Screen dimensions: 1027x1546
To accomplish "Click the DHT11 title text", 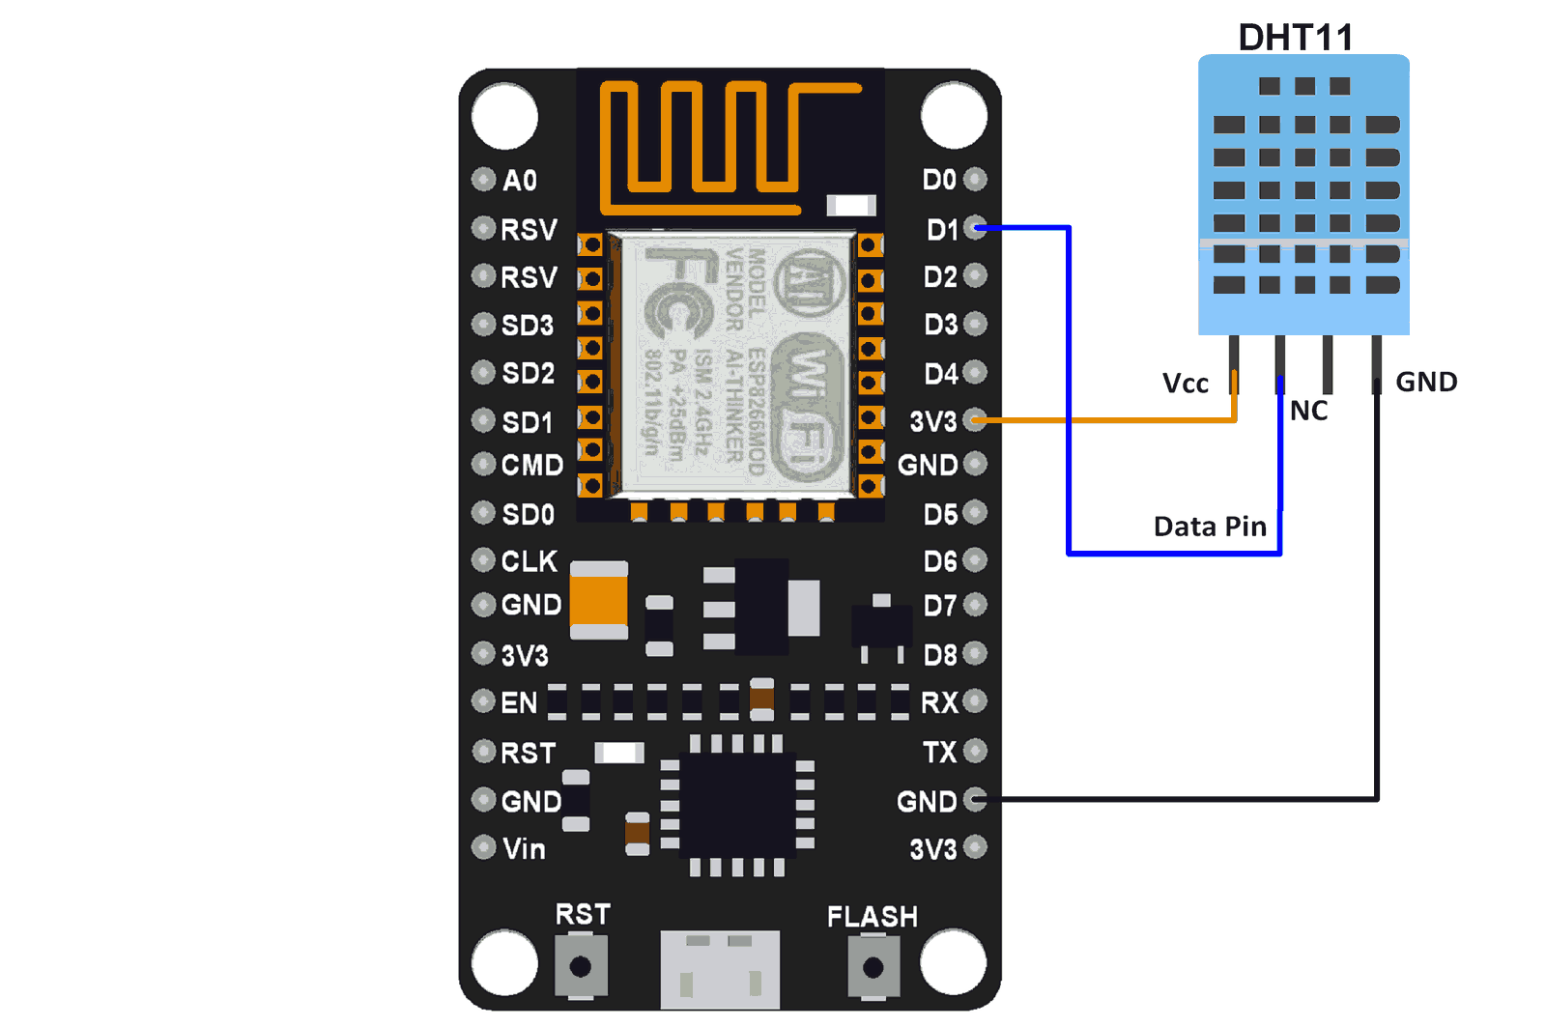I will (x=1295, y=38).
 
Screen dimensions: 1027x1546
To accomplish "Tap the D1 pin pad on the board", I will (x=976, y=228).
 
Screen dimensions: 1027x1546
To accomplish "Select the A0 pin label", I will (x=520, y=180).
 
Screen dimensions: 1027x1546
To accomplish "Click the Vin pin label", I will (x=524, y=848).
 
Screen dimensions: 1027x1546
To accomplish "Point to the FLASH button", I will (x=873, y=966).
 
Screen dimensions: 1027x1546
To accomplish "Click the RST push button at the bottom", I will (x=581, y=966).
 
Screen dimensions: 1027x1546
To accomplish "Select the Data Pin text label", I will (x=1210, y=527).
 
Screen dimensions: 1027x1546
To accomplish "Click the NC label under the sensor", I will (x=1308, y=411).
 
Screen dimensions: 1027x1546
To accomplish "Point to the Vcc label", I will (x=1186, y=384).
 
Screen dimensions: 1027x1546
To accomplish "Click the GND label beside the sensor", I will (x=1426, y=382).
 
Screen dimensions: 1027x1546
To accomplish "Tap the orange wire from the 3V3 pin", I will (x=1111, y=420).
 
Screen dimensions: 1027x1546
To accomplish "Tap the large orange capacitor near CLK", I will (x=599, y=600).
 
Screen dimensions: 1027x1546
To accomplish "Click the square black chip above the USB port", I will (x=738, y=805).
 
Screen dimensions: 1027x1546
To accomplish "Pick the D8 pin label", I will (x=940, y=655).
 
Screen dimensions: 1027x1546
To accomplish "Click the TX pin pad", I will (x=976, y=750).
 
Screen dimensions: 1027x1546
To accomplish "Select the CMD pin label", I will (x=531, y=465).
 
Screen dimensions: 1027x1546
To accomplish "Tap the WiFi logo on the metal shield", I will (x=810, y=406).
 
